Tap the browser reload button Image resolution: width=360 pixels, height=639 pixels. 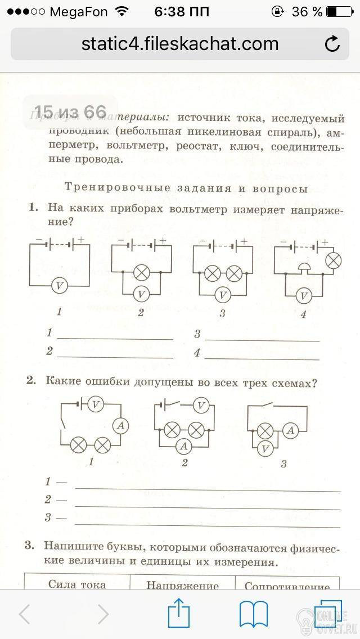coord(332,44)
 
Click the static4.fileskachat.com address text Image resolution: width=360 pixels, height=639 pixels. coord(180,43)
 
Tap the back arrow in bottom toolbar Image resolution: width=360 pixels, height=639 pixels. coord(24,614)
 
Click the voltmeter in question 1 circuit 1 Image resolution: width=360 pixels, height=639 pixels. coord(60,286)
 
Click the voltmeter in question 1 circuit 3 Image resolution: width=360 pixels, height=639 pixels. coord(223,294)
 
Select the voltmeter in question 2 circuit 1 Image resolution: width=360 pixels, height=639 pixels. coord(96,403)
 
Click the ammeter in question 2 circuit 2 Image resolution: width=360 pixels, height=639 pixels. coord(183,446)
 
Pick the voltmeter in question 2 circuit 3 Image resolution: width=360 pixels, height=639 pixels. coord(266,448)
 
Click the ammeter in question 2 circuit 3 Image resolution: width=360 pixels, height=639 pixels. coord(290,431)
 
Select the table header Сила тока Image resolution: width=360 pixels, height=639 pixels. coord(77,584)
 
